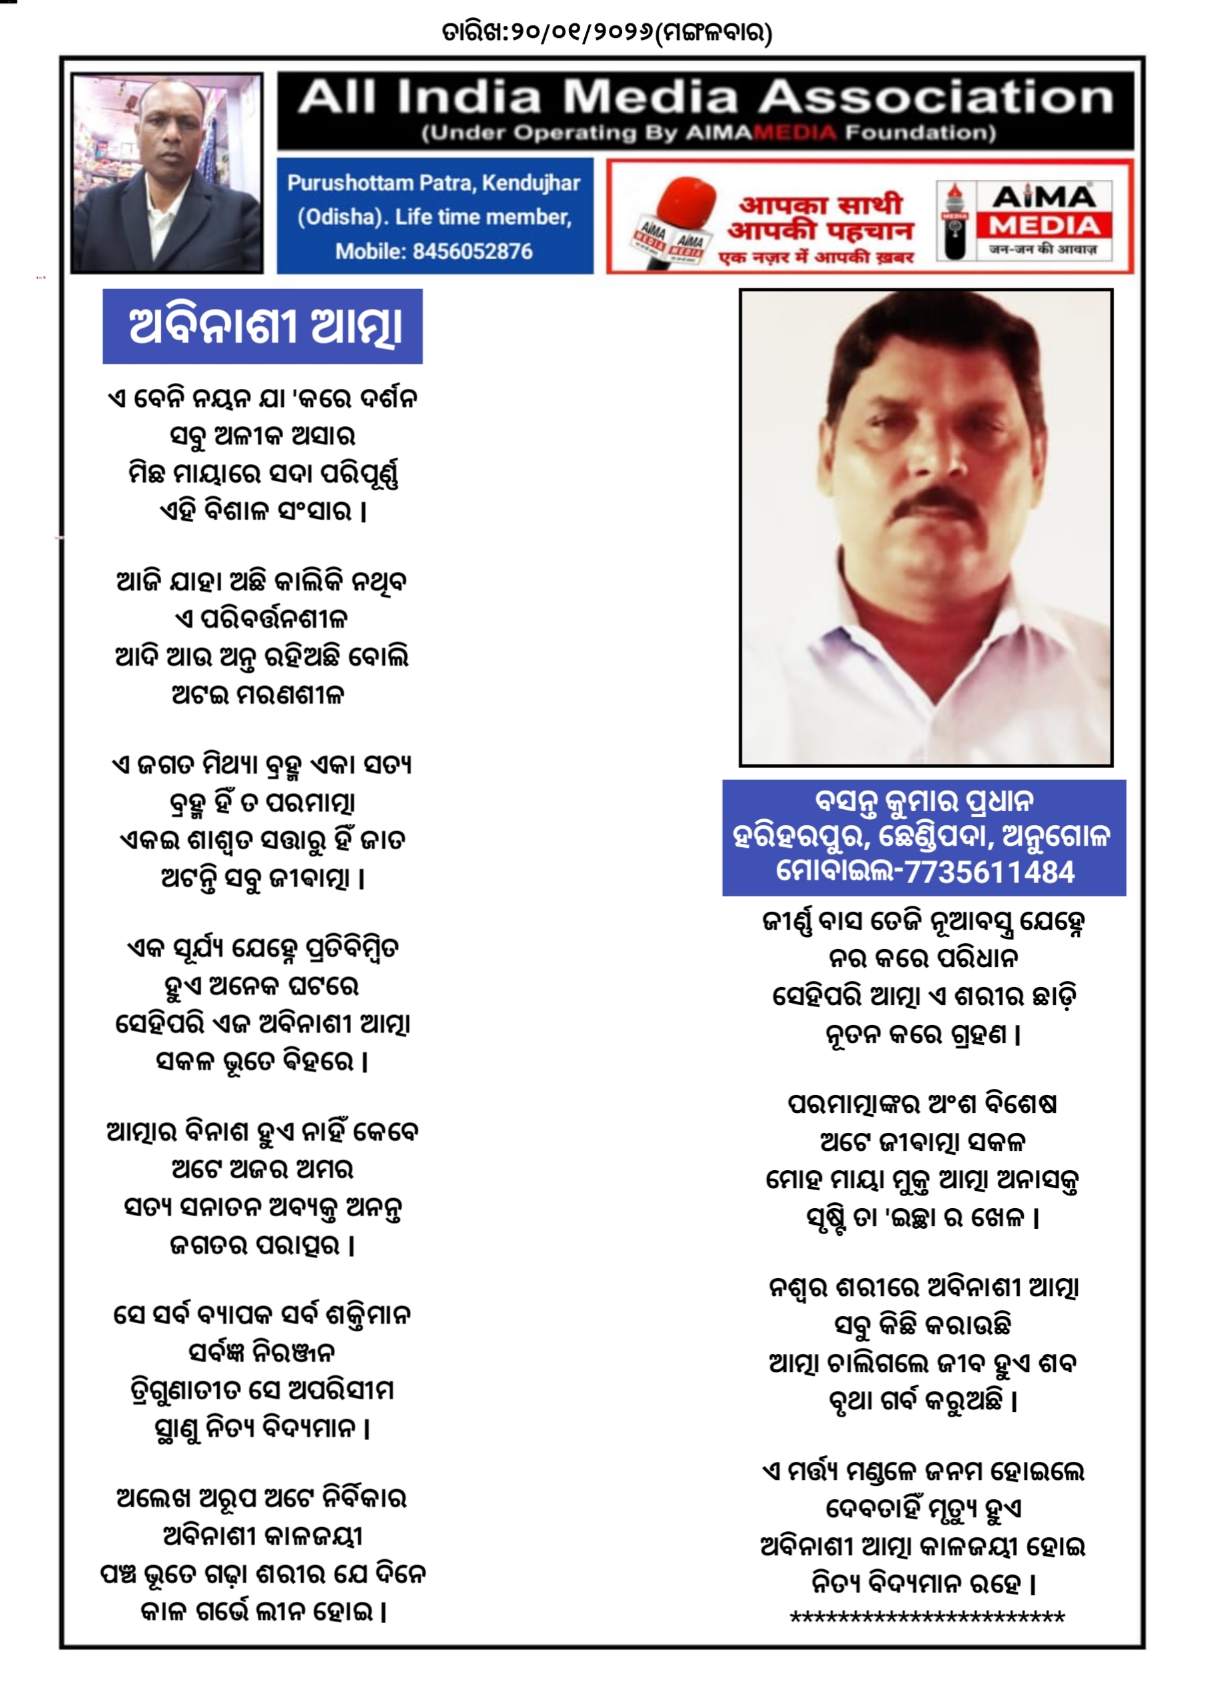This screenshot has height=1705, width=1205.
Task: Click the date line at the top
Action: point(606,33)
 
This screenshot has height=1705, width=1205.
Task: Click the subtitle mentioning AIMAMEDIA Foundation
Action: point(708,134)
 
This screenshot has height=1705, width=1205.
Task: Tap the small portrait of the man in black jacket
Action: point(167,172)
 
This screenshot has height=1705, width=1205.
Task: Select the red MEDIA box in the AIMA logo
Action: point(1043,225)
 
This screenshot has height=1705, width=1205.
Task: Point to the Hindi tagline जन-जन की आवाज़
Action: point(1043,250)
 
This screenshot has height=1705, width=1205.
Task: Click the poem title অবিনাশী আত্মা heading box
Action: point(263,327)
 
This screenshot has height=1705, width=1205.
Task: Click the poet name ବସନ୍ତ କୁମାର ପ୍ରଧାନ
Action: point(923,801)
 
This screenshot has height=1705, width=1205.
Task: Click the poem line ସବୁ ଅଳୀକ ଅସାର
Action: point(263,436)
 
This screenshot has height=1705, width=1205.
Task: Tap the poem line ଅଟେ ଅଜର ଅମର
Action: point(263,1170)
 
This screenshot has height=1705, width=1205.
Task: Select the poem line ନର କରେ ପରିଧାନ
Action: point(923,958)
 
